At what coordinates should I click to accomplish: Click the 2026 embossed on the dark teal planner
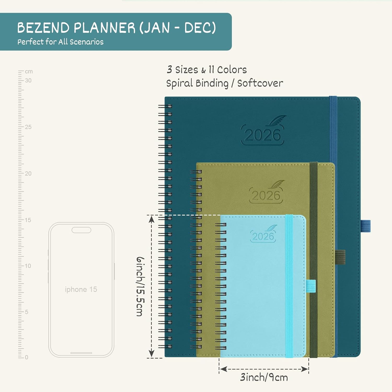(262, 135)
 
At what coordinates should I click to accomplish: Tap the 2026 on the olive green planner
(266, 195)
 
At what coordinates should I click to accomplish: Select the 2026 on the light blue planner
(263, 236)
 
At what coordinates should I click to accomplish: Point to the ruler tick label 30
(28, 80)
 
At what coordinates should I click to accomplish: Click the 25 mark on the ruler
(28, 127)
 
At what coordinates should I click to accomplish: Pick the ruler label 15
(28, 220)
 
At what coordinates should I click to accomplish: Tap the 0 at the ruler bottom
(26, 357)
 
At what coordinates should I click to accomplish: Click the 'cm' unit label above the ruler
(29, 71)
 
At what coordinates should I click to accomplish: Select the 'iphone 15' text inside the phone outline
(81, 289)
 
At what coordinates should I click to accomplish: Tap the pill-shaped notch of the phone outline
(81, 230)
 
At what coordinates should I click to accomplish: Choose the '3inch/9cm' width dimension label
(264, 377)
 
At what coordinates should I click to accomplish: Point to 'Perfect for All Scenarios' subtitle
(60, 42)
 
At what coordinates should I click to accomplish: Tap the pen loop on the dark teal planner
(366, 226)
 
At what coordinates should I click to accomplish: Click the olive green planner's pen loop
(340, 257)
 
